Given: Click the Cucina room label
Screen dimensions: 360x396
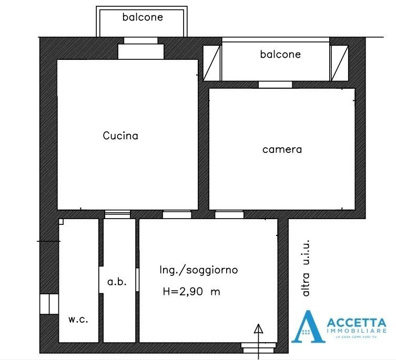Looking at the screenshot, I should click(120, 136).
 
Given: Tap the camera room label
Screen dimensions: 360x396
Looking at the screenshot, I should click(282, 149).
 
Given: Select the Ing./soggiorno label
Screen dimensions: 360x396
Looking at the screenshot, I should click(198, 270).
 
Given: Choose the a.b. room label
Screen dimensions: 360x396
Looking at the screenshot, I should click(117, 282).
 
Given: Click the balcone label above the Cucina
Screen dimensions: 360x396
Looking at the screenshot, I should click(143, 17).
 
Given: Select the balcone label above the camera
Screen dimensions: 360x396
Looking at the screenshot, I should click(280, 54).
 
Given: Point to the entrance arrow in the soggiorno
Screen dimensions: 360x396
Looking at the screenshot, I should click(258, 332).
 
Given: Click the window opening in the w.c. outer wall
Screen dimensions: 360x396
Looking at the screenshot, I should click(47, 304).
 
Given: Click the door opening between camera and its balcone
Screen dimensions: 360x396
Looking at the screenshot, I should click(275, 85).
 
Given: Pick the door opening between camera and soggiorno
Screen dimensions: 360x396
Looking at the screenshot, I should click(229, 214).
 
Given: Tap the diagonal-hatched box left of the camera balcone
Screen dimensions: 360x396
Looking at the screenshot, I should click(212, 63).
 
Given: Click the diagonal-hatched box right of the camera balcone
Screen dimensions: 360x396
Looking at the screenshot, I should click(339, 63).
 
